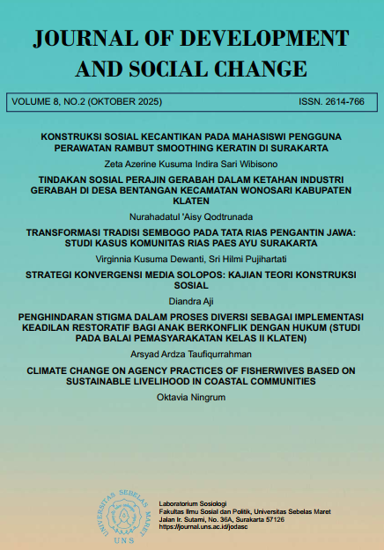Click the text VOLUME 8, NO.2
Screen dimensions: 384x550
[46, 103]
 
